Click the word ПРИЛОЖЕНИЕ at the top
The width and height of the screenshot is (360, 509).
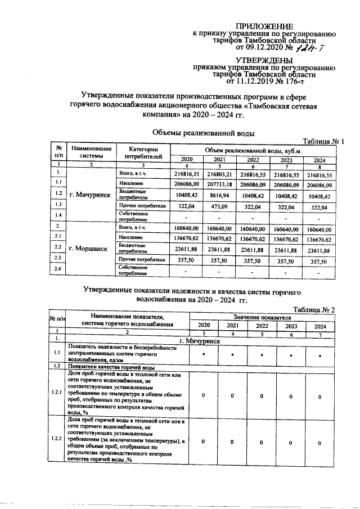tap(264, 26)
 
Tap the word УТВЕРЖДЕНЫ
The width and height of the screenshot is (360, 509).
tap(264, 60)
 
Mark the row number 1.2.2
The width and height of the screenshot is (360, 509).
tap(57, 438)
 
